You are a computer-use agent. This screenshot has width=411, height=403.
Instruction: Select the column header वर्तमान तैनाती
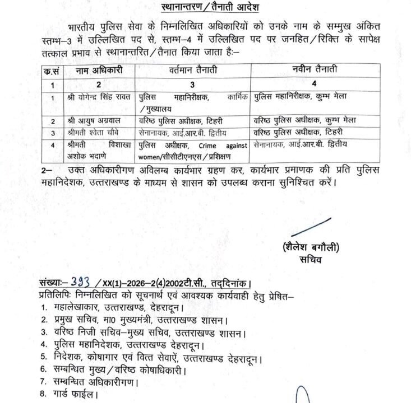(x=193, y=71)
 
